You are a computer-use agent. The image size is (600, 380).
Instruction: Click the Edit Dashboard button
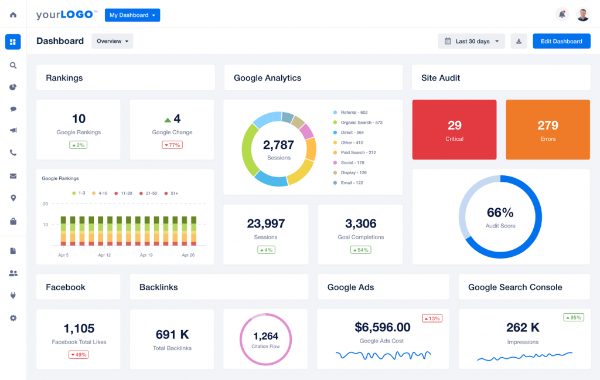[x=561, y=41]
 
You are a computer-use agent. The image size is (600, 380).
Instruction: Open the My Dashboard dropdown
[x=132, y=15]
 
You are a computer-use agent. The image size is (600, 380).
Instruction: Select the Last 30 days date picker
[x=471, y=41]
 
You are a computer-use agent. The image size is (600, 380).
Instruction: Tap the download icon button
[x=519, y=41]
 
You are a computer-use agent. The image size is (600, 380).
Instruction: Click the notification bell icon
[x=562, y=15]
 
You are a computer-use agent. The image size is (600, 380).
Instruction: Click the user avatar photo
[x=582, y=15]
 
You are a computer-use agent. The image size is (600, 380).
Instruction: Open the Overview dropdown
[x=112, y=41]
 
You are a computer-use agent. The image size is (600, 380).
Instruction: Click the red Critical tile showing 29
[x=454, y=130]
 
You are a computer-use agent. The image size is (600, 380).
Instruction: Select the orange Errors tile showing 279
[x=547, y=130]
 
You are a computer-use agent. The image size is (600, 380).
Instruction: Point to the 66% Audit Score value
[x=500, y=212]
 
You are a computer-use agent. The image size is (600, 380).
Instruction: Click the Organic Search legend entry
[x=361, y=123]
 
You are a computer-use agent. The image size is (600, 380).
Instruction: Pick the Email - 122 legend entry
[x=352, y=183]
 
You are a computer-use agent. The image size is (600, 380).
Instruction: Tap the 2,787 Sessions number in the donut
[x=278, y=145]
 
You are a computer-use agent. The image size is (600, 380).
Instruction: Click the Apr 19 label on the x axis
[x=146, y=255]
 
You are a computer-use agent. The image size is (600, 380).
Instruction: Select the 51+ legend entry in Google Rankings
[x=175, y=193]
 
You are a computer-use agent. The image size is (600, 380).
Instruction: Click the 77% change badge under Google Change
[x=172, y=145]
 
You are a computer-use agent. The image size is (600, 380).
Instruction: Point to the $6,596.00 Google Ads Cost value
[x=383, y=327]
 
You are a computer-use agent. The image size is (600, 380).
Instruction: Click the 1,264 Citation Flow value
[x=266, y=336]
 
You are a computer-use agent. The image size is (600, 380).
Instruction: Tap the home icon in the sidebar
[x=13, y=15]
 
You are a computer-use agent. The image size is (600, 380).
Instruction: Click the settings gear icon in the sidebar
[x=13, y=318]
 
